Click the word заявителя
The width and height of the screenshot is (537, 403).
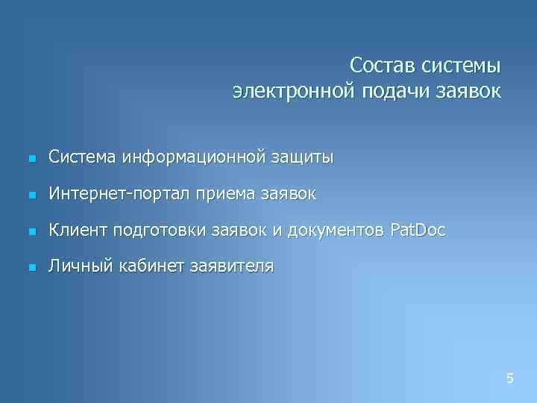[x=232, y=266]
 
